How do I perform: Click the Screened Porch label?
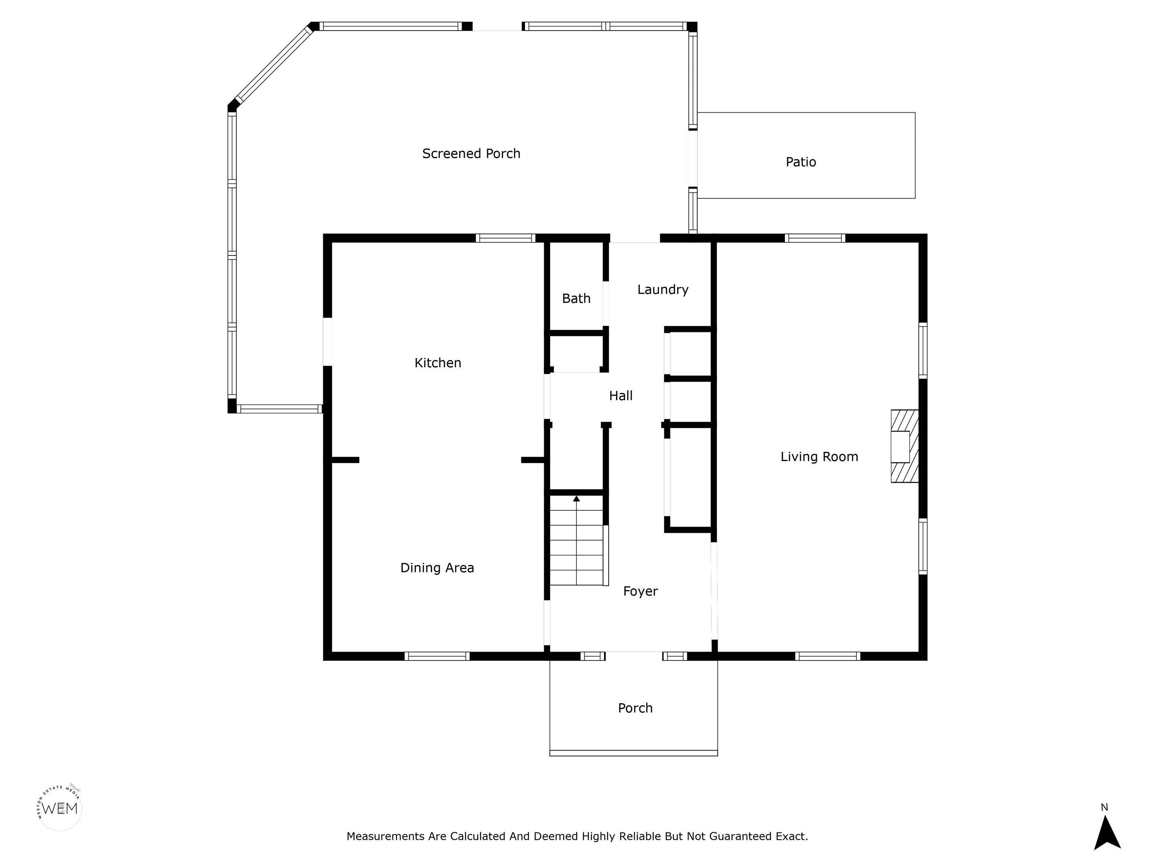pos(471,153)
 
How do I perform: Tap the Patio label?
pos(800,162)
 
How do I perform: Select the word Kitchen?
pos(438,363)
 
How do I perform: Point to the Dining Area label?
pos(437,568)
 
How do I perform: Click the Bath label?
pos(576,298)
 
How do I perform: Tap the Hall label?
pos(620,396)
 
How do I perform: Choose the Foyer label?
pos(640,591)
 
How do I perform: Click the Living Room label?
pos(819,457)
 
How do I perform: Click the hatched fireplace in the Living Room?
pos(904,446)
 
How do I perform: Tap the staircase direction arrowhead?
pos(576,498)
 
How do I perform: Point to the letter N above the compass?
pos(1104,807)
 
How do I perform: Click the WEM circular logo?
pos(59,808)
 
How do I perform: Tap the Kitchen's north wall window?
pos(505,238)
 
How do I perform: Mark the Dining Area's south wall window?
pos(437,656)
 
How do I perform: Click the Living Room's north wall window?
pos(815,238)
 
